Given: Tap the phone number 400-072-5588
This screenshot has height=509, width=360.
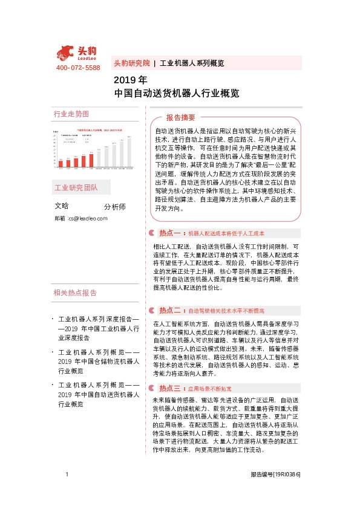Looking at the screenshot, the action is (x=78, y=68).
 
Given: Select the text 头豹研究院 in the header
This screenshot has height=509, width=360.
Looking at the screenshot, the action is (x=131, y=63).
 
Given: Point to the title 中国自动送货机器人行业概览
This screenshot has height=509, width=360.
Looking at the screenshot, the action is (x=177, y=94).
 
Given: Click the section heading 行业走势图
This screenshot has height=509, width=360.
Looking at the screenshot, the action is (x=71, y=114).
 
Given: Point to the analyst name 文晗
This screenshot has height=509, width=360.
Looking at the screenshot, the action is (x=62, y=206).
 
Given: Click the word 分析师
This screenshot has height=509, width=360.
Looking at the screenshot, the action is (x=115, y=207).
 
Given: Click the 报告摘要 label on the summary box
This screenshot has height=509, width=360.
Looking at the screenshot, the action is (x=181, y=117).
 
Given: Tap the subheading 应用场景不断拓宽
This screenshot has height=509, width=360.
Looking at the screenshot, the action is (x=210, y=388).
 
